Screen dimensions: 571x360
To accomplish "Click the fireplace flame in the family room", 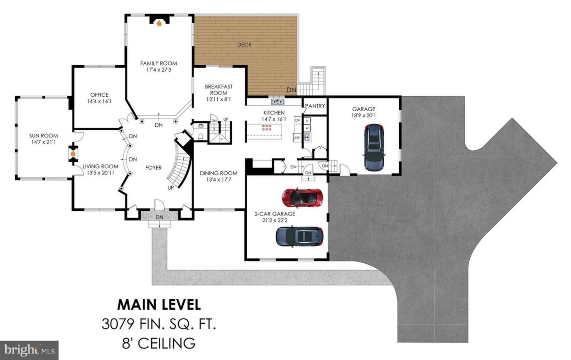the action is (x=159, y=23).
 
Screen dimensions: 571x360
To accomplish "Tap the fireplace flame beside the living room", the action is (x=73, y=154).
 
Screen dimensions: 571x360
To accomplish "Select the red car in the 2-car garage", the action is (x=303, y=197).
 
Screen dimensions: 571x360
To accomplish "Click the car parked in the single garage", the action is (x=374, y=147).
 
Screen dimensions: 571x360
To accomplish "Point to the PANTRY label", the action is (x=315, y=106).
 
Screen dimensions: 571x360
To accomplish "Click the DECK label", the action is (x=244, y=45).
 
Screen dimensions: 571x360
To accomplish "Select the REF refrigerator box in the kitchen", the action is (x=297, y=138).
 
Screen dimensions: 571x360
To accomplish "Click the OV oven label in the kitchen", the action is (x=298, y=120).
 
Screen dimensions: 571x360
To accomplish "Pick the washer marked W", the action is (x=307, y=128).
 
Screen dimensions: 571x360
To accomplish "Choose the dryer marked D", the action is (x=307, y=121).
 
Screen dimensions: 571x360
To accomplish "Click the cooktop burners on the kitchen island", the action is (x=267, y=128).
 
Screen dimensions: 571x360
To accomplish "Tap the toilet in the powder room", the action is (x=201, y=137).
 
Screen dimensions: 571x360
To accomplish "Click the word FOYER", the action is (x=153, y=168).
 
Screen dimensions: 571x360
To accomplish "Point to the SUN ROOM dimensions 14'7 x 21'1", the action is (x=44, y=142).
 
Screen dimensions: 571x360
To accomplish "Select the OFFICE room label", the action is (x=100, y=95).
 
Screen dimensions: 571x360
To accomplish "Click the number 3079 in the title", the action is (x=118, y=324).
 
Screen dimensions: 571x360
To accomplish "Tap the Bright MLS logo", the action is (x=29, y=350).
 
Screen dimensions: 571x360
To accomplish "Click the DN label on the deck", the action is (x=291, y=90).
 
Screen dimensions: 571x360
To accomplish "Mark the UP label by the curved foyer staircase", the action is (x=171, y=188).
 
